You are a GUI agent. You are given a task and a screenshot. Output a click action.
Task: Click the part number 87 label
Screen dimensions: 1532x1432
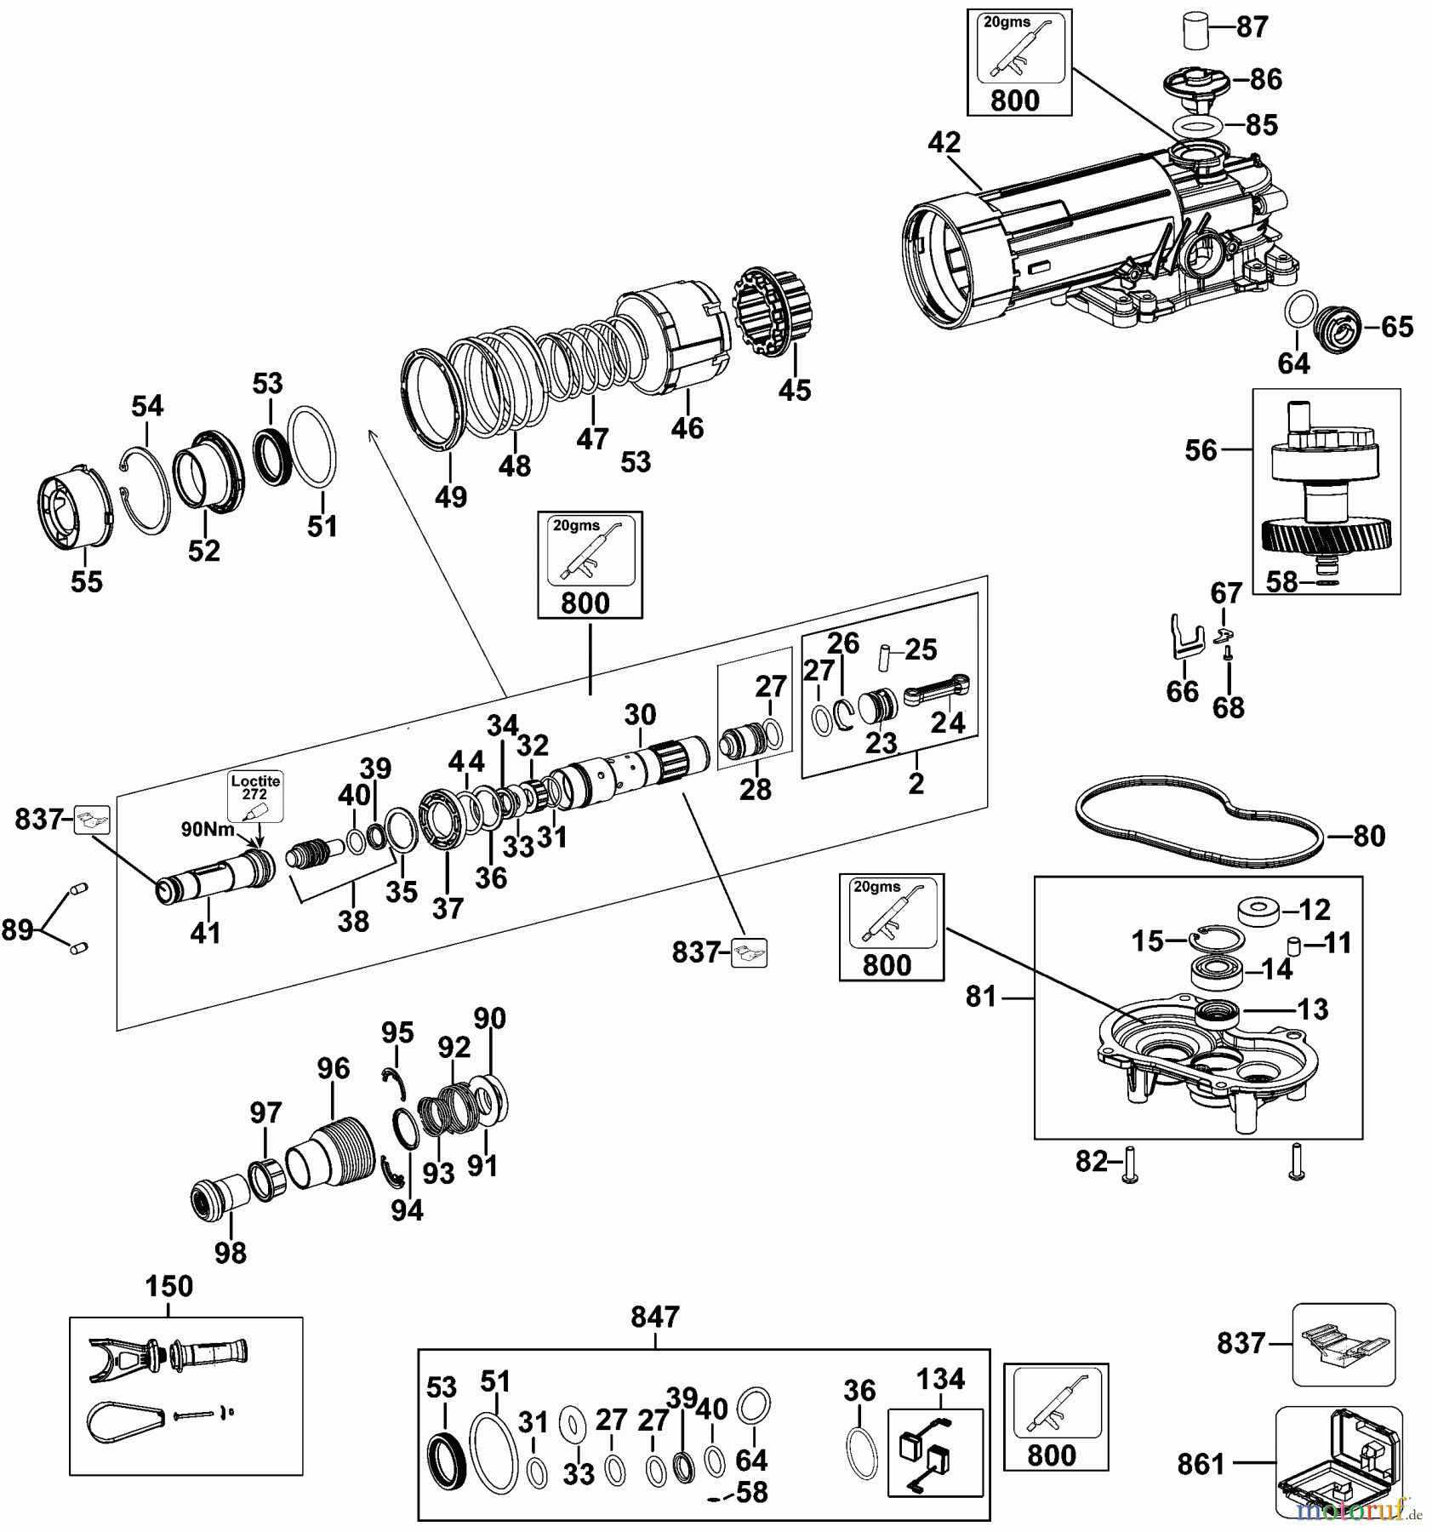point(1252,27)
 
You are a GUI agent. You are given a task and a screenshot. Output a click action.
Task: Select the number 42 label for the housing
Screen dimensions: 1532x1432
point(944,143)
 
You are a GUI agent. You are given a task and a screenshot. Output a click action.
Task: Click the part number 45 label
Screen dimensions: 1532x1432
point(795,391)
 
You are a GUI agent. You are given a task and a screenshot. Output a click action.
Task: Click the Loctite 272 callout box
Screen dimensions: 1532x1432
point(254,796)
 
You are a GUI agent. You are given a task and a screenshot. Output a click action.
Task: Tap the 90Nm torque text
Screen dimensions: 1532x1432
point(207,828)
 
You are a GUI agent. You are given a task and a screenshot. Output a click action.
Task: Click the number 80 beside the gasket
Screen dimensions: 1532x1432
point(1369,837)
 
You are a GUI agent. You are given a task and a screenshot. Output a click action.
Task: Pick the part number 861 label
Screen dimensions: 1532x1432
point(1201,1464)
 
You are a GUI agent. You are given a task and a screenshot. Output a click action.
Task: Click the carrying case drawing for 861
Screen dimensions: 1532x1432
point(1338,1461)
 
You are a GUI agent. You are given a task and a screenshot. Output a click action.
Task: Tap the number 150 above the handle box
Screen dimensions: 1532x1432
point(168,1287)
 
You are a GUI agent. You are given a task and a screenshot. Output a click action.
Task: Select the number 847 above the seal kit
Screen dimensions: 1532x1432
point(655,1318)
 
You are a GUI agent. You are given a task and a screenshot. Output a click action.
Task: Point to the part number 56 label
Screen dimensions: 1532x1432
point(1201,450)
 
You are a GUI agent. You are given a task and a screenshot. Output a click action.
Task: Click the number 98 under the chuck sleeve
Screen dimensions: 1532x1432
point(231,1253)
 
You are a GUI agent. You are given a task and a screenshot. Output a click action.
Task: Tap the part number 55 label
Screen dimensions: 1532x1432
point(87,582)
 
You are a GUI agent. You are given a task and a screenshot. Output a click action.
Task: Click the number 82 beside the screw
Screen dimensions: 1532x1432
point(1092,1162)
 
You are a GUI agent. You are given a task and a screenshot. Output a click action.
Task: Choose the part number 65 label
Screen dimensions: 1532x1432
point(1397,327)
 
